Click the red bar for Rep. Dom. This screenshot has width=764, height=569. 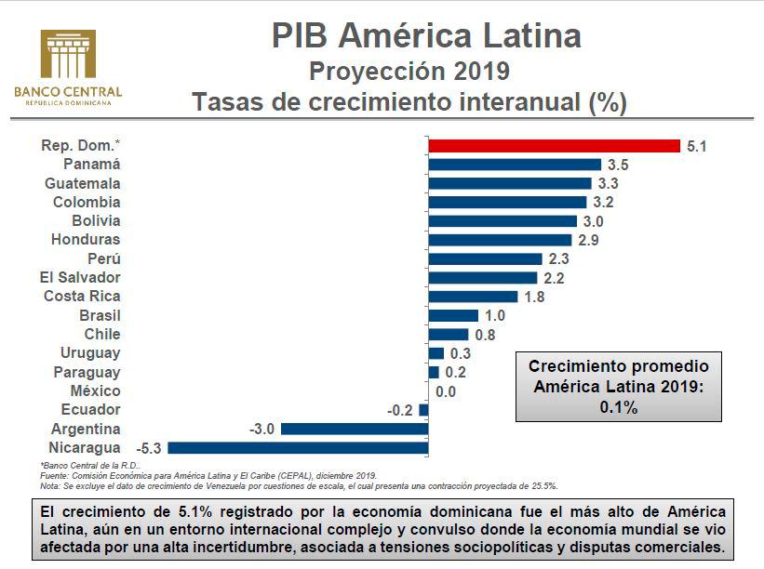pyautogui.click(x=554, y=145)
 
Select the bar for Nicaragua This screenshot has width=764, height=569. pyautogui.click(x=298, y=447)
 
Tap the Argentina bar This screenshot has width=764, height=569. pyautogui.click(x=354, y=429)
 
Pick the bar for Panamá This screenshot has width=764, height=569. pyautogui.click(x=515, y=165)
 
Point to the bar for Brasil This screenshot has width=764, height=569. pyautogui.click(x=452, y=315)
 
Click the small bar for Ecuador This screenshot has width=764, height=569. pyautogui.click(x=423, y=410)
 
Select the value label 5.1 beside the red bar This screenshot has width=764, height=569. pyautogui.click(x=697, y=146)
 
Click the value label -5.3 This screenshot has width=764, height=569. pyautogui.click(x=149, y=448)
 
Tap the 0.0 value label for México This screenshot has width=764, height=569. pyautogui.click(x=446, y=391)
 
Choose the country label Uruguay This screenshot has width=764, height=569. pyautogui.click(x=90, y=353)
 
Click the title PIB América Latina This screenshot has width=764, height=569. pyautogui.click(x=426, y=35)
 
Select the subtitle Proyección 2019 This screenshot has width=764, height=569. pyautogui.click(x=409, y=71)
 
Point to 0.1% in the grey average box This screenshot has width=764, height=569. pyautogui.click(x=619, y=406)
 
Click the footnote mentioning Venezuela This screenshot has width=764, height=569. pyautogui.click(x=298, y=485)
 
